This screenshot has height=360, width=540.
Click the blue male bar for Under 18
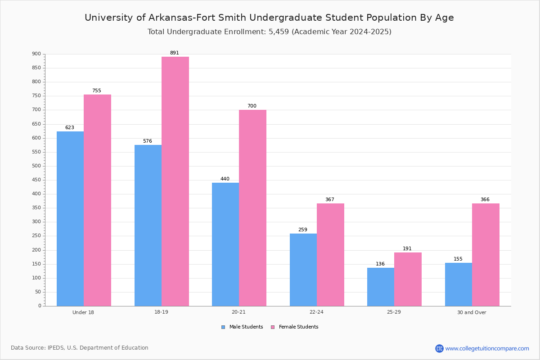click(x=70, y=219)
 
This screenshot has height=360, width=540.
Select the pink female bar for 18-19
click(x=175, y=181)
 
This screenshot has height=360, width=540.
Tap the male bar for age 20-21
click(x=225, y=244)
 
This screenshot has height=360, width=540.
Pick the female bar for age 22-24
click(x=330, y=255)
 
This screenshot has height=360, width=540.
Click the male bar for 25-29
click(x=381, y=287)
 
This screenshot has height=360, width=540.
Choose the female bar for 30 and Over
click(x=486, y=255)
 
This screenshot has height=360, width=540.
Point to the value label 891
click(x=174, y=53)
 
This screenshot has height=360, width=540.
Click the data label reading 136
click(x=380, y=264)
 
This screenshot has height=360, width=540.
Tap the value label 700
click(x=252, y=106)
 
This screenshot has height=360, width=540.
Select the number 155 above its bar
click(x=458, y=259)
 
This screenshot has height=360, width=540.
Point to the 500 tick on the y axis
click(x=36, y=166)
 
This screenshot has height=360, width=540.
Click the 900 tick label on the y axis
click(x=36, y=54)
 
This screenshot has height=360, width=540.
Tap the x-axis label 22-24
click(x=316, y=312)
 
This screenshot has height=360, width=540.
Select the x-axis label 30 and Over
click(x=472, y=312)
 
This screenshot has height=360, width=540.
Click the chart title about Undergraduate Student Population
click(x=269, y=18)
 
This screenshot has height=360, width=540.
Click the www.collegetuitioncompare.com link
click(x=487, y=348)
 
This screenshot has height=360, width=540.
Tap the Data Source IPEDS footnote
click(x=80, y=348)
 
